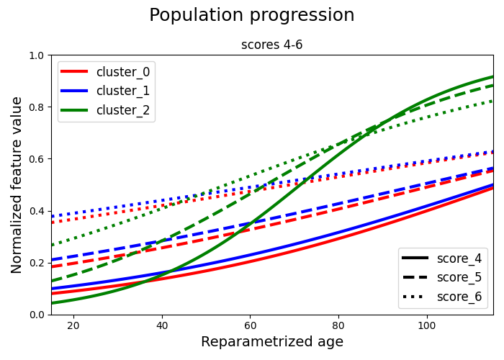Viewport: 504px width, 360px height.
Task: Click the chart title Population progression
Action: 252,15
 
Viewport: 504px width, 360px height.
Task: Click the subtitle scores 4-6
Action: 272,45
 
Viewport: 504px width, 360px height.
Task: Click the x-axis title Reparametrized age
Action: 272,342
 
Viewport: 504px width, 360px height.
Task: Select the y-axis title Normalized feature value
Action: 17,185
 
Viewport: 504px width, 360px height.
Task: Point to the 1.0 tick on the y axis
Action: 37,55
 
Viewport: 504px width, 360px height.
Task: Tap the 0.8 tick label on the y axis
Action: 37,107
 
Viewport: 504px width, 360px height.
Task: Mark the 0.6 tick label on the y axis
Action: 37,159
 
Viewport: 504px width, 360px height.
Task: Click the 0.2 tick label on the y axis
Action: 37,263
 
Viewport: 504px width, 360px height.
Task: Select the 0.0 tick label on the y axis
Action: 37,315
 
